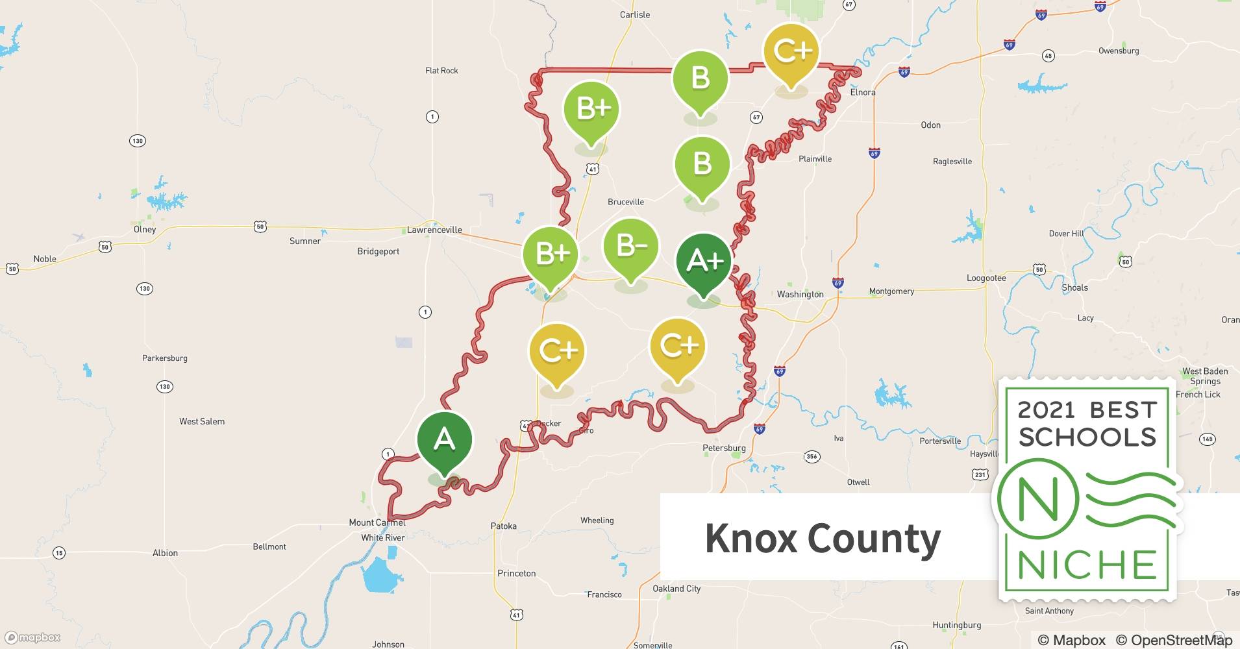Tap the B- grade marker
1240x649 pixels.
pyautogui.click(x=631, y=247)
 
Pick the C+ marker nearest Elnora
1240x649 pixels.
pyautogui.click(x=791, y=51)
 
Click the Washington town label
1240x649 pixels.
pyautogui.click(x=800, y=294)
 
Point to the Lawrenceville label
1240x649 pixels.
pyautogui.click(x=434, y=230)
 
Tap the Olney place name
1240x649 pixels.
pyautogui.click(x=145, y=229)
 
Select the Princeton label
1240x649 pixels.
pyautogui.click(x=516, y=573)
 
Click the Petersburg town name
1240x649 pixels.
pyautogui.click(x=724, y=448)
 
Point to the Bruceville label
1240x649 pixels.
pyautogui.click(x=626, y=202)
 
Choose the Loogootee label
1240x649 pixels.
pyautogui.click(x=986, y=278)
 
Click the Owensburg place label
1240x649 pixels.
pyautogui.click(x=1118, y=51)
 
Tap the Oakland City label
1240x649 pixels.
pyautogui.click(x=676, y=589)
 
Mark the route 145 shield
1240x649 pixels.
pyautogui.click(x=1207, y=439)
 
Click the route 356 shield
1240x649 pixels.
pyautogui.click(x=812, y=456)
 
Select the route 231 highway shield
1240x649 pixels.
pyautogui.click(x=980, y=474)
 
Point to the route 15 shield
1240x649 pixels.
pyautogui.click(x=59, y=553)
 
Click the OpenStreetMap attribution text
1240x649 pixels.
pyautogui.click(x=1174, y=640)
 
